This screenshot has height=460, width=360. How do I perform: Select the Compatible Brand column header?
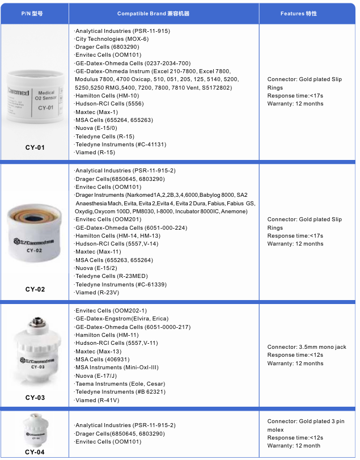[x=164, y=12]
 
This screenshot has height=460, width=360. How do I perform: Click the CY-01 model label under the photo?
[x=35, y=147]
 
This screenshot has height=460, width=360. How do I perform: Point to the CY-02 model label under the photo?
[x=35, y=289]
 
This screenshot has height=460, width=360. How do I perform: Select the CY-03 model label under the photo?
[x=35, y=398]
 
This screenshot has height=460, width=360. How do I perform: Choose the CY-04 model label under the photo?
[x=35, y=452]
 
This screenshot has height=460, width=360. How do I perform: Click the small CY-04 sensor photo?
[x=35, y=431]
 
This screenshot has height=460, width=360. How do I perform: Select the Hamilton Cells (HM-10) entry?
[x=108, y=96]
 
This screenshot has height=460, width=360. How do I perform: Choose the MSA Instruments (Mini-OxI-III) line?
[x=116, y=368]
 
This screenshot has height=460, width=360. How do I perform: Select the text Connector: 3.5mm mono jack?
[x=307, y=347]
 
